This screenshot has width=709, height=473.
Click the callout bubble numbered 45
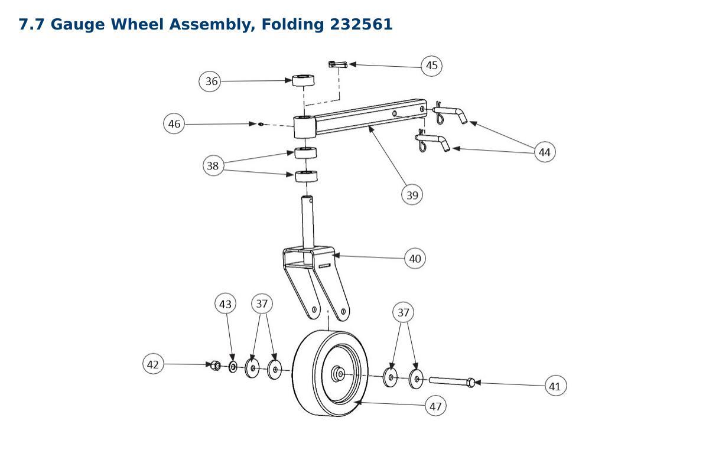pos(431,66)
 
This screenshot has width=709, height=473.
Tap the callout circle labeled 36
pos(210,81)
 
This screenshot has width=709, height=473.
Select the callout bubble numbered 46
pos(174,123)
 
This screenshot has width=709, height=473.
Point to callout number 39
pos(412,195)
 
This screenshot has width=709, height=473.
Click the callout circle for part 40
pos(415,259)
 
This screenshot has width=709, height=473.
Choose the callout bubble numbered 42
pos(153,364)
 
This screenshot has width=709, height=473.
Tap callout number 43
pos(225,304)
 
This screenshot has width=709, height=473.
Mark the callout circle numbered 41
pos(556,386)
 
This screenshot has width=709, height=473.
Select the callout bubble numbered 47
pos(435,406)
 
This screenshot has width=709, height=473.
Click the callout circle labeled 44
pos(544,152)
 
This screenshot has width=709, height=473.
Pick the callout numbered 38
pos(213,165)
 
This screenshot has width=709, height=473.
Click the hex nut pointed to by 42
pos(216,366)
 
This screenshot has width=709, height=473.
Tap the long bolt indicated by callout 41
pos(452,381)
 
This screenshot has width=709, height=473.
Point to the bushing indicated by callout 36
pos(303,80)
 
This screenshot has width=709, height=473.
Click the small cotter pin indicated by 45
pos(338,64)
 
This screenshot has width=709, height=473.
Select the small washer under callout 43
pos(233,367)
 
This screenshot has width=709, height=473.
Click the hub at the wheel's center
pos(338,374)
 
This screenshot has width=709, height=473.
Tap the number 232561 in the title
pos(361,24)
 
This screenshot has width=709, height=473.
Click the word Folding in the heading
pos(292,25)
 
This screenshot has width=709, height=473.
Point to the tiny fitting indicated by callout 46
pos(261,124)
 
